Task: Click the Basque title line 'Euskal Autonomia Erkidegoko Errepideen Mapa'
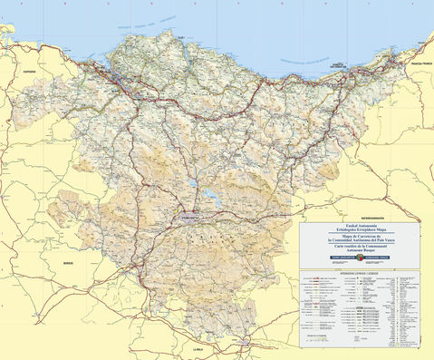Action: tap(361, 229)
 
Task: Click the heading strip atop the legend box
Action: tap(361, 270)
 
